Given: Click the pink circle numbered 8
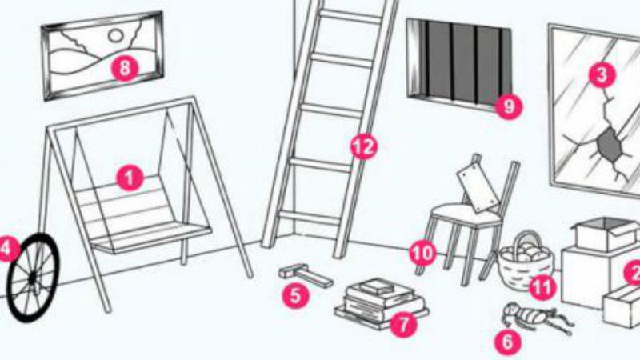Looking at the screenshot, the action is click(125, 67).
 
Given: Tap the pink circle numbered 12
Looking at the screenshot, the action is click(364, 146).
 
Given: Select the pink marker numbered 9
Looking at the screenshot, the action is click(509, 106).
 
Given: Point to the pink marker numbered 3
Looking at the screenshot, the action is click(602, 74).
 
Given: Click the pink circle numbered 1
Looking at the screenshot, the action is click(130, 178).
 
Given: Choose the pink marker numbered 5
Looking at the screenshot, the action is click(296, 294).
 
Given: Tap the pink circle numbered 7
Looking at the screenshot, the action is click(403, 325).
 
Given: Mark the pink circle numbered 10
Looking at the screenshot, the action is click(423, 253).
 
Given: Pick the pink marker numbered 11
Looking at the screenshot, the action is click(542, 288).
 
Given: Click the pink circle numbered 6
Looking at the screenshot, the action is click(508, 342).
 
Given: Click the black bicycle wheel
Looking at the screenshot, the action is click(34, 278).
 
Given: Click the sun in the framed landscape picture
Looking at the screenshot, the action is click(116, 36).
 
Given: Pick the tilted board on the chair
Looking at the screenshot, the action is click(478, 186).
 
